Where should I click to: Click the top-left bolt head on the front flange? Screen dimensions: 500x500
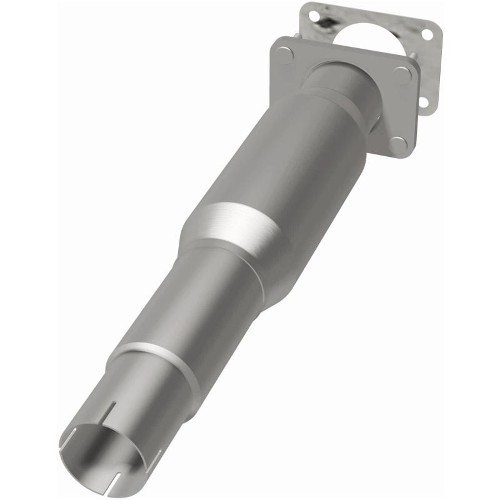tap(284, 55)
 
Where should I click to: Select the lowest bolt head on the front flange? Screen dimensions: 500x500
tap(398, 144)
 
